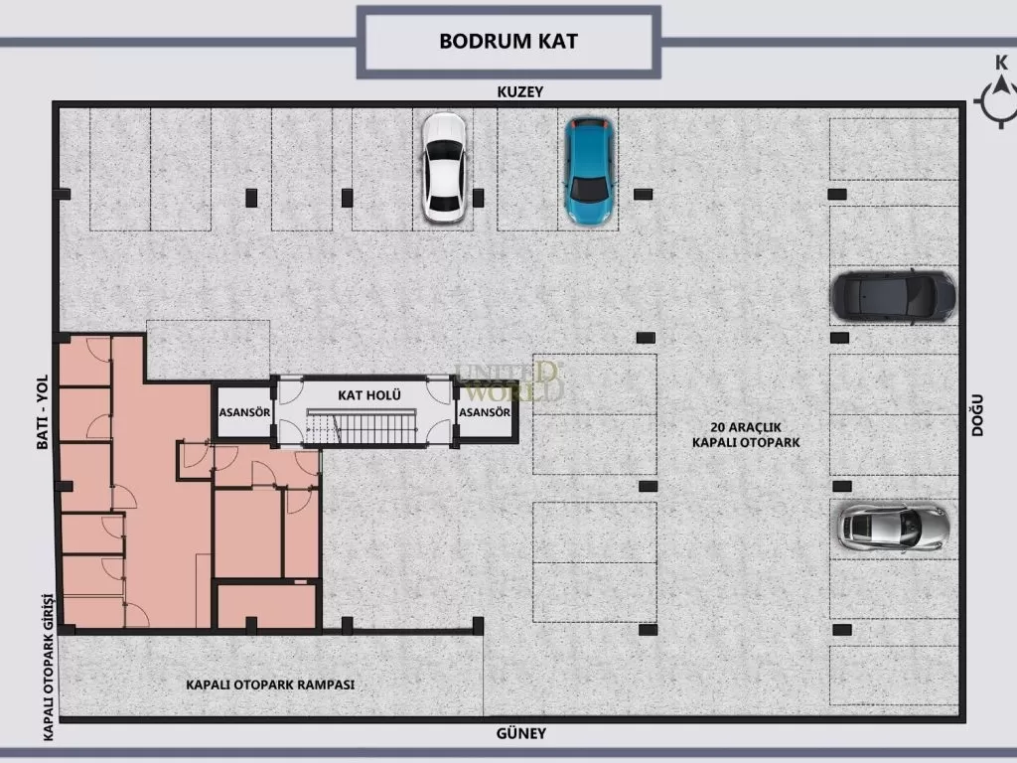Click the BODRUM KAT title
pos(508,41)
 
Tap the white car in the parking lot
pos(444,167)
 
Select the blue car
pos(588,171)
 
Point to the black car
pos(893,296)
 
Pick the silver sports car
pos(893,527)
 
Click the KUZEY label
pos(520,91)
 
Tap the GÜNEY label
pos(520,733)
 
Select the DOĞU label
pos(977,415)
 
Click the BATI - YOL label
pos(42,412)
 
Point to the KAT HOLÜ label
pos(369,395)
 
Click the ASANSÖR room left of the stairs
pos(244,412)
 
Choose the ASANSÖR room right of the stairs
pos(485,412)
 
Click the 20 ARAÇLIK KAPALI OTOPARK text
pos(746,435)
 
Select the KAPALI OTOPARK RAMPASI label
pos(270,685)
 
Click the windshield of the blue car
pos(588,189)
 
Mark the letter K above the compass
pos(1001,63)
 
